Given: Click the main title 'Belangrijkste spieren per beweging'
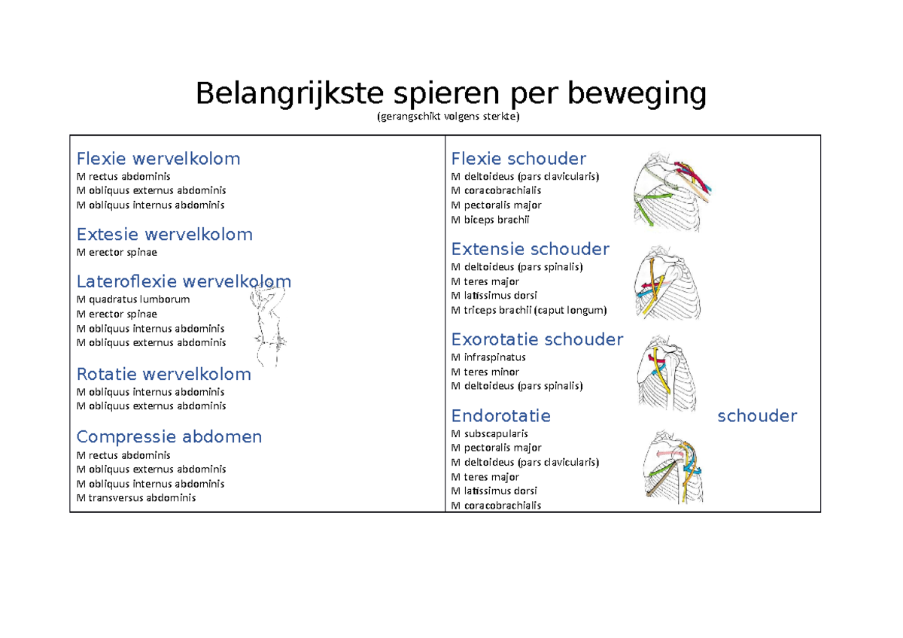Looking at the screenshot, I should point(451,94).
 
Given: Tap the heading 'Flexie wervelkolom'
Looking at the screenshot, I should point(159,159).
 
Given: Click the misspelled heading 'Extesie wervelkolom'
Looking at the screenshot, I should point(165,235).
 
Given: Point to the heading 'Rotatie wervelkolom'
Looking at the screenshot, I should point(164,375).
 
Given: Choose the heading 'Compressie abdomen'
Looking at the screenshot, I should point(169,437).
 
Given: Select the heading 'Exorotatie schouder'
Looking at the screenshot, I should point(537,340).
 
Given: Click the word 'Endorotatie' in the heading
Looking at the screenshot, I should point(500,416).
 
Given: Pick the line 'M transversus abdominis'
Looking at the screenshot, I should point(136,497).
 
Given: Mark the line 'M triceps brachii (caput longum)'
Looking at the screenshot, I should point(528,310).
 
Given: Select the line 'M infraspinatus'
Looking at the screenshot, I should point(488,357).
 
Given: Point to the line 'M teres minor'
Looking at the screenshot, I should point(485,372).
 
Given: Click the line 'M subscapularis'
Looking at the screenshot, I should point(490,433).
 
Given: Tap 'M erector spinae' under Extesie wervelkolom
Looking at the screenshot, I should point(117,253).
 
